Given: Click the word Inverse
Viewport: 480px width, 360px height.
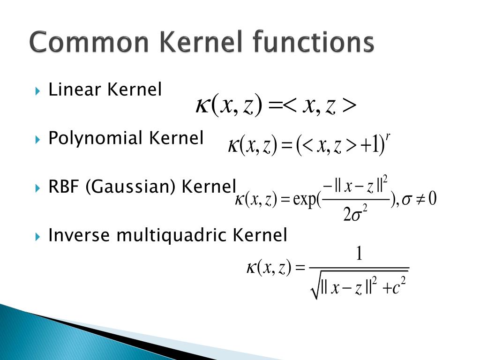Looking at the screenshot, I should coord(80,235).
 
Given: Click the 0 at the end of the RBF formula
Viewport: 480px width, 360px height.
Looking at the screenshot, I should coord(432,199).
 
